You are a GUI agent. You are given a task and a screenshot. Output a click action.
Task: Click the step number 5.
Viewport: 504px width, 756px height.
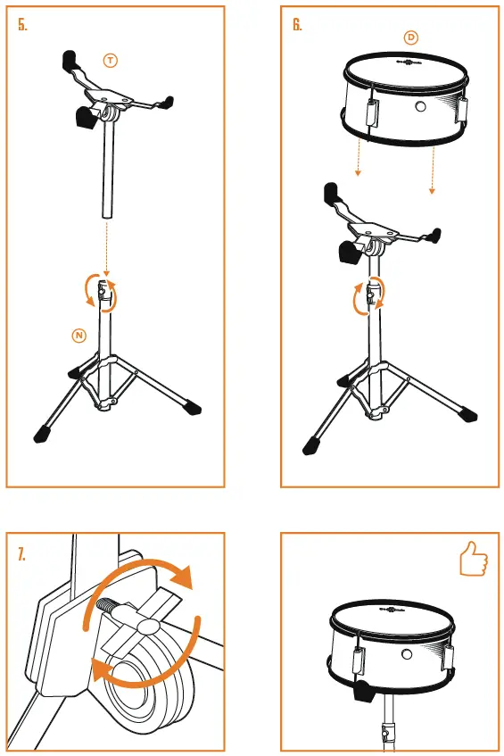pos(23,25)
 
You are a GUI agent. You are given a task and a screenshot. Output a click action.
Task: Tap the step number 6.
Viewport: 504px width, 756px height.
pos(297,25)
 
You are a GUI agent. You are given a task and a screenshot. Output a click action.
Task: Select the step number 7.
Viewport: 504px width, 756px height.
pos(22,554)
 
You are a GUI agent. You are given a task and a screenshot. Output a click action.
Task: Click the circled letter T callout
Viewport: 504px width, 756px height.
pos(110,61)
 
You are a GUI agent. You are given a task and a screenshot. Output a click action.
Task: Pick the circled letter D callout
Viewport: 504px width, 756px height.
pos(410,37)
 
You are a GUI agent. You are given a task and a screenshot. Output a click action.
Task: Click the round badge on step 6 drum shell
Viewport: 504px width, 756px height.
pos(418,106)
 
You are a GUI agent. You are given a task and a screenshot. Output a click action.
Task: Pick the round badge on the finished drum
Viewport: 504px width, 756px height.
pos(407,655)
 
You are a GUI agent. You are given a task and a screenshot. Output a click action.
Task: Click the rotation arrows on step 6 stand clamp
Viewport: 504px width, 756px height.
pos(368,296)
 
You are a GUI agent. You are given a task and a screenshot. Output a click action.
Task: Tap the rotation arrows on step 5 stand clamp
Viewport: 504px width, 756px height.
pos(95,293)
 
